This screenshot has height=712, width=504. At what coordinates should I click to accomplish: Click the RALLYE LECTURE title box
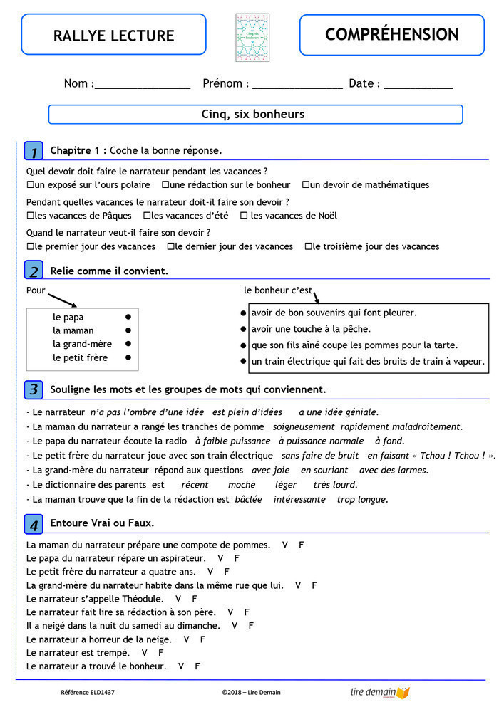(113, 35)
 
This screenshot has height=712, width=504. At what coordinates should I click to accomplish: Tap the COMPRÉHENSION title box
(391, 35)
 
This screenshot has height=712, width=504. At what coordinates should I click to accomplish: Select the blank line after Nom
(142, 85)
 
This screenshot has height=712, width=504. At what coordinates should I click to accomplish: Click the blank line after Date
(418, 85)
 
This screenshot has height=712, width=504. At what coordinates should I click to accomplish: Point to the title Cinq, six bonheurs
(253, 114)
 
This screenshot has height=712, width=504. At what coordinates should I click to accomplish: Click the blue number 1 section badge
(34, 151)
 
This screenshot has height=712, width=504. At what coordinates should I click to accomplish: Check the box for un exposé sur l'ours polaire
(30, 185)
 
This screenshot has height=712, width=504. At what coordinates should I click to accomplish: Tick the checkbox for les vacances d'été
(147, 216)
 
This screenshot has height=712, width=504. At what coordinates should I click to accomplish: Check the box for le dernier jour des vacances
(170, 247)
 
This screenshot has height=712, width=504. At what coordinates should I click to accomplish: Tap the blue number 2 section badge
(34, 271)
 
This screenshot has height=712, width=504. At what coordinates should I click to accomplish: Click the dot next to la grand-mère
(128, 344)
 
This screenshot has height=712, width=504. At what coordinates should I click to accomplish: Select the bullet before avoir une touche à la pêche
(243, 329)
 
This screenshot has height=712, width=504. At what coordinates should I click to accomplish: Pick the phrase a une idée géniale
(338, 412)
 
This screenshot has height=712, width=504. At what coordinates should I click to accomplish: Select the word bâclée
(249, 500)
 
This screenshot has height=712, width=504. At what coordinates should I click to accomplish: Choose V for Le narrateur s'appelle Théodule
(178, 600)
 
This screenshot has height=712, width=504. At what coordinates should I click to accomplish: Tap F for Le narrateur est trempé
(161, 653)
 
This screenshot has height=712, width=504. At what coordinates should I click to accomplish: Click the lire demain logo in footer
(380, 692)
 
